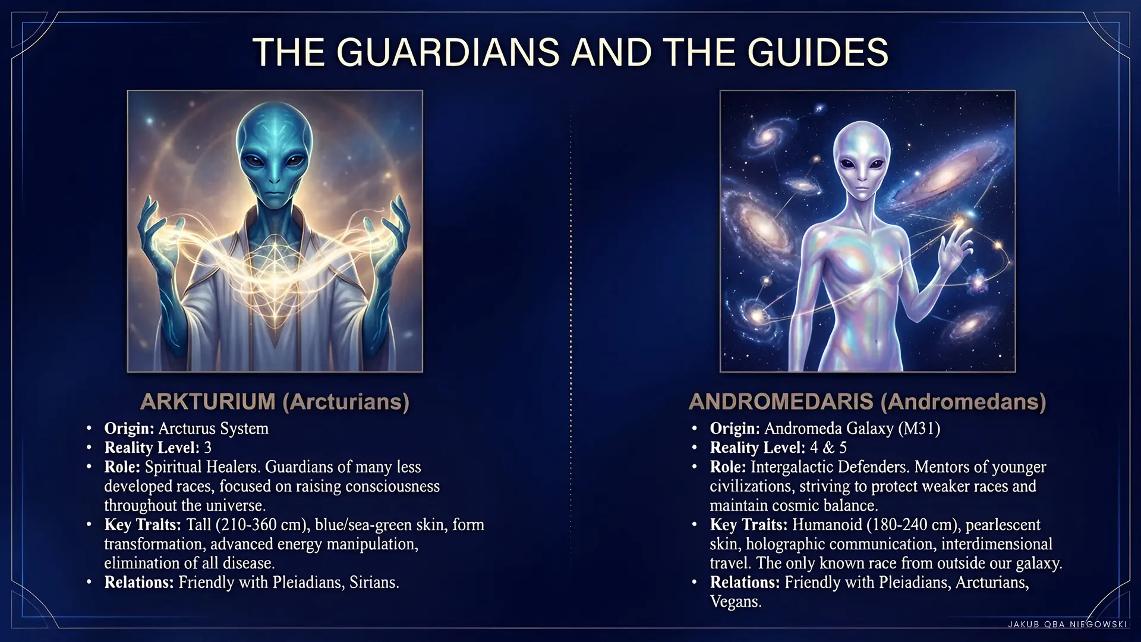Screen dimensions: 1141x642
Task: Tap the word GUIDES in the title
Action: coord(818,52)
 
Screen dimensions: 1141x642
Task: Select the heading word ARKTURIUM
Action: coord(208,402)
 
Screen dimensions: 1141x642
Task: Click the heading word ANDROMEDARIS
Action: coord(781,402)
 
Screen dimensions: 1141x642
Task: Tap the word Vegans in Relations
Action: coord(735,602)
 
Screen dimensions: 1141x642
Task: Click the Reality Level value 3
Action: coord(207,448)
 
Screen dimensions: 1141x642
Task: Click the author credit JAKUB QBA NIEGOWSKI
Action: coord(1067,624)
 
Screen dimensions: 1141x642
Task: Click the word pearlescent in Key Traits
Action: coord(1003,525)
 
